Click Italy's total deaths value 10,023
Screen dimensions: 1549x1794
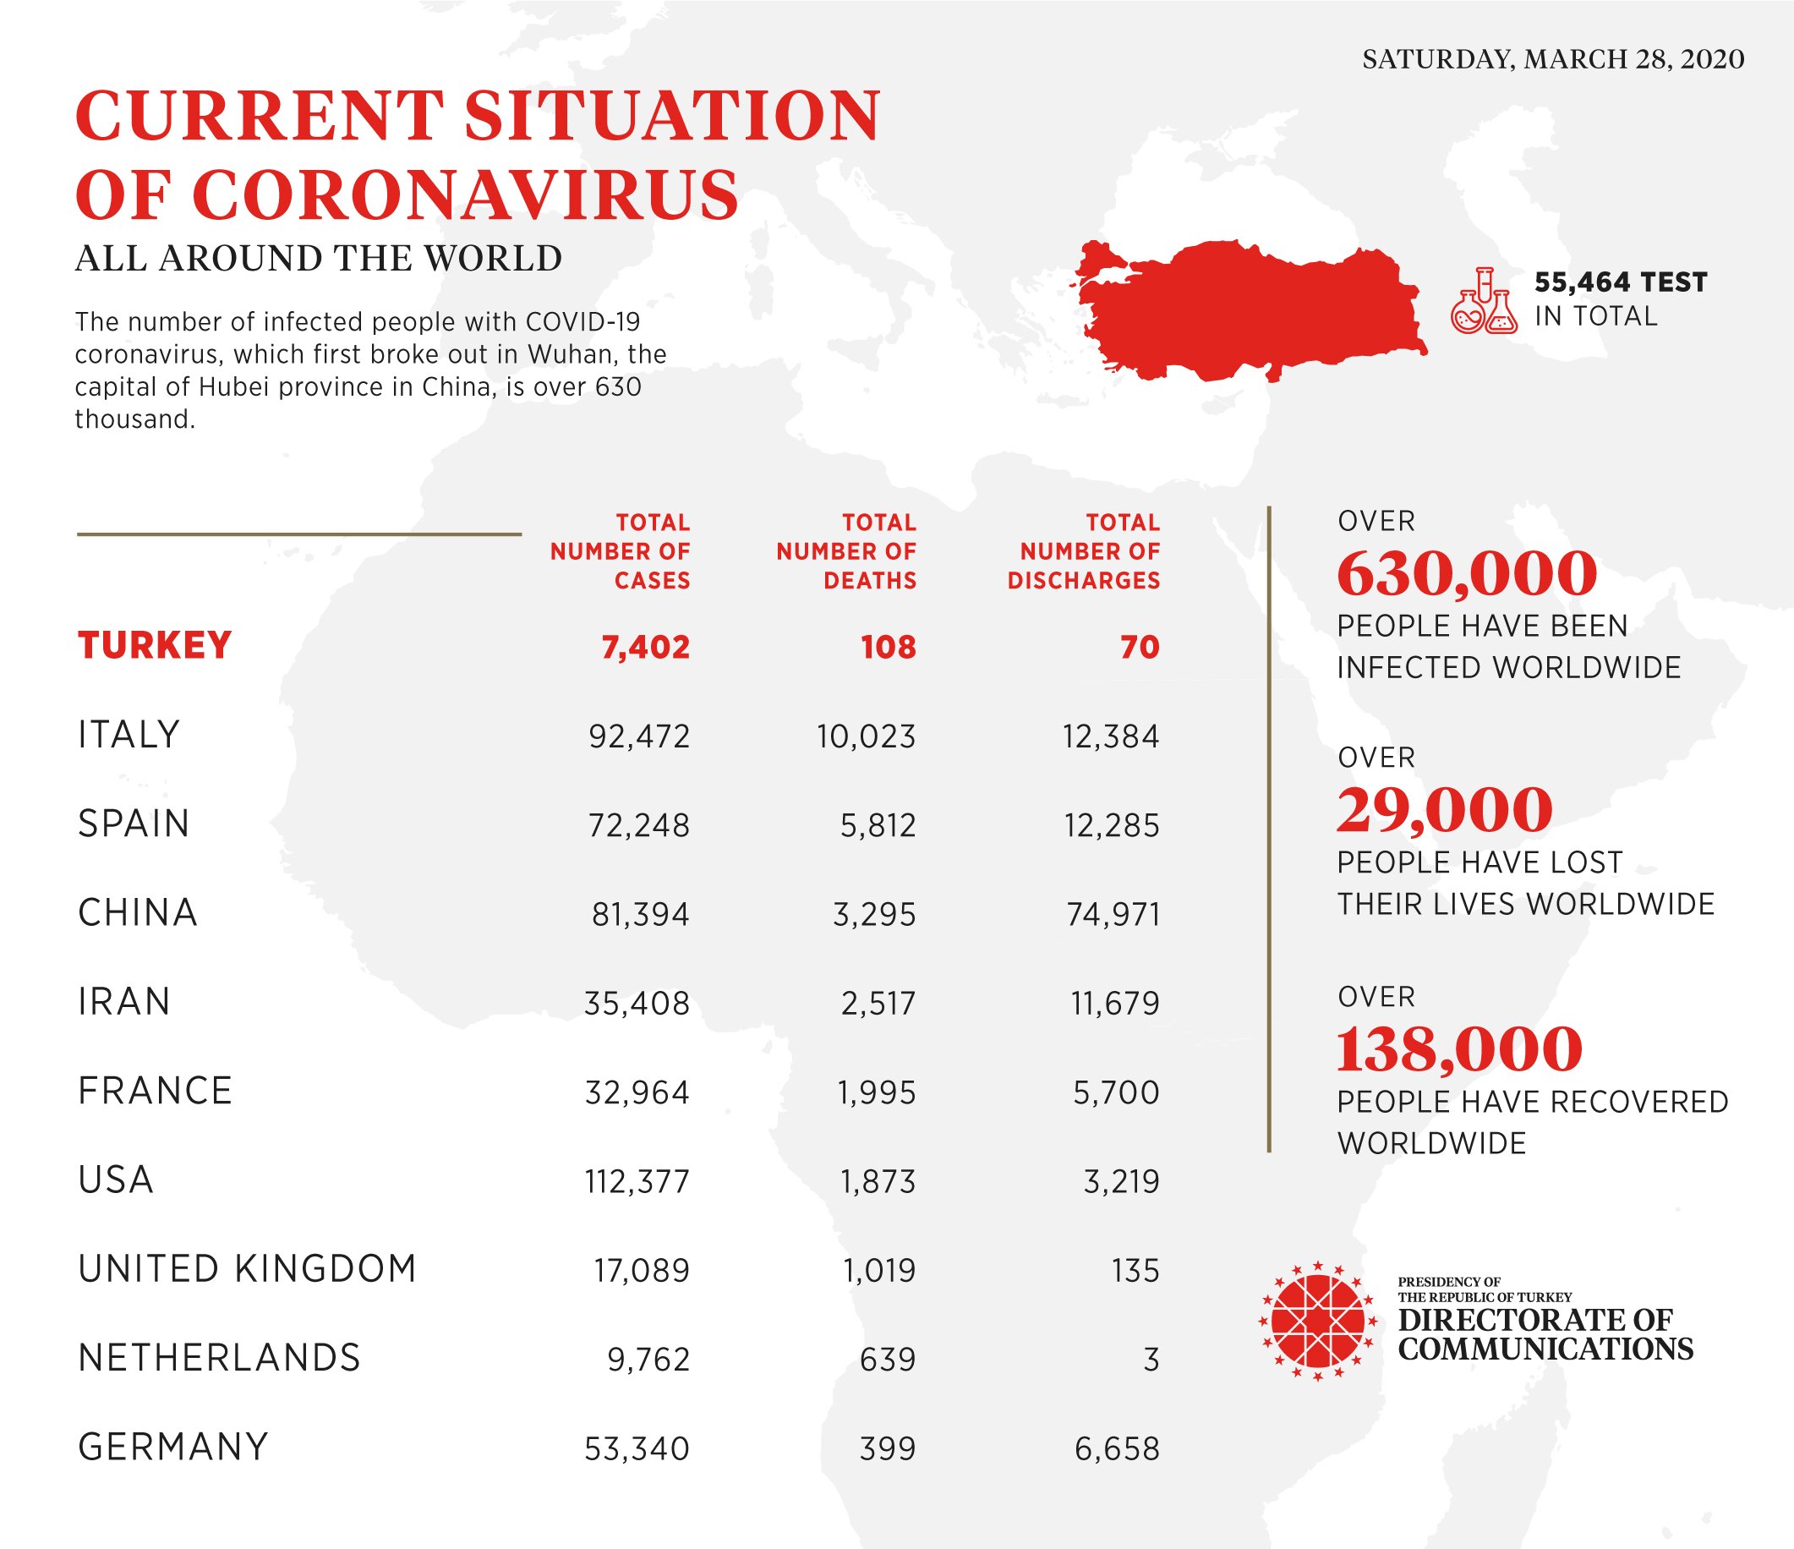(866, 736)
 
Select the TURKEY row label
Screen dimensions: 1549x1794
(155, 646)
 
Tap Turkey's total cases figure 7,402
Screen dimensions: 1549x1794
(645, 648)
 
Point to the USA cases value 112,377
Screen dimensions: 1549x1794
(637, 1182)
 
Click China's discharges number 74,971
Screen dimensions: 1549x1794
(1113, 914)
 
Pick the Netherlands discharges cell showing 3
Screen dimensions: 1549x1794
(1150, 1360)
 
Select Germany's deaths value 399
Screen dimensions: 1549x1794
(888, 1448)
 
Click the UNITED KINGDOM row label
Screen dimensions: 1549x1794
(248, 1269)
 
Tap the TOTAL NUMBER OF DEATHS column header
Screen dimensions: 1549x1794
(846, 551)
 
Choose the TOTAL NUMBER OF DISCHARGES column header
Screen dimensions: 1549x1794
(1083, 551)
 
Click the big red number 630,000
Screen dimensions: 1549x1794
(1467, 574)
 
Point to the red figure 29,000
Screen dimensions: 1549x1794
(1444, 810)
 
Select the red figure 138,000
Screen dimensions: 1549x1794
(1460, 1049)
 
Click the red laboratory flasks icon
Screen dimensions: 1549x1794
(1484, 301)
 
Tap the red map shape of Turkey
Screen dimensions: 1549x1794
(1247, 312)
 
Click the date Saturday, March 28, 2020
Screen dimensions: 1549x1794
(1553, 59)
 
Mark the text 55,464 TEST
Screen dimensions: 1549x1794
(1620, 282)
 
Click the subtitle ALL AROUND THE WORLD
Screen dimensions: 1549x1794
(319, 259)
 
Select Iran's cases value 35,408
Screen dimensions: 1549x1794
(637, 1004)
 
